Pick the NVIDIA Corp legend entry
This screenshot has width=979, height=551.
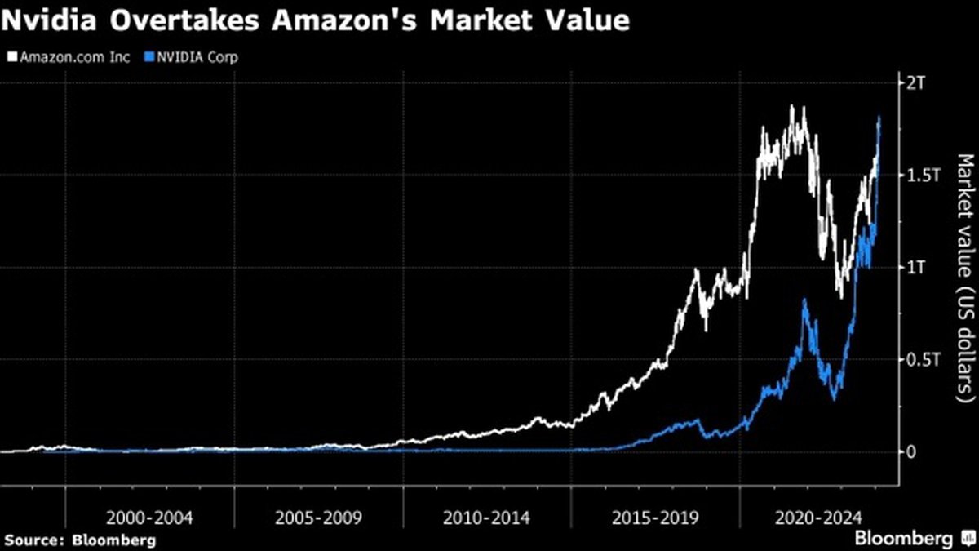[x=194, y=57]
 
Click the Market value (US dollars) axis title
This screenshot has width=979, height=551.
[x=963, y=278]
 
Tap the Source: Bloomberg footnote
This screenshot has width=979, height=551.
[x=79, y=540]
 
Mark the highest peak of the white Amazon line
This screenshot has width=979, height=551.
[x=791, y=106]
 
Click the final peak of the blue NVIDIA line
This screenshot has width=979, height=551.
[x=879, y=118]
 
